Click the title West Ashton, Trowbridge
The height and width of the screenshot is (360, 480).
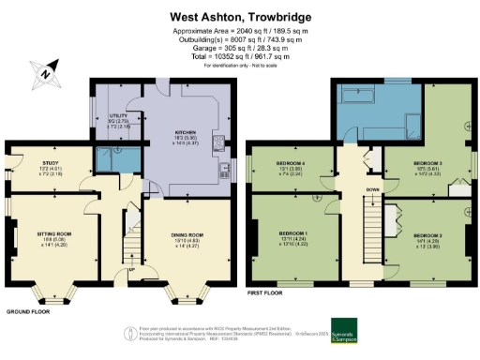coord(239,15)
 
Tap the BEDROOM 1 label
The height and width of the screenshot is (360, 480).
coord(293,233)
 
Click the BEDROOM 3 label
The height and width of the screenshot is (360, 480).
coord(428,162)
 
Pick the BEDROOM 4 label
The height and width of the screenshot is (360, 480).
coord(293,165)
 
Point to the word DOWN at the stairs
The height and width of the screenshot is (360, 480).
coord(371,187)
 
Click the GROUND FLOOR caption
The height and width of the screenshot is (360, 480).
coord(28,310)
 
